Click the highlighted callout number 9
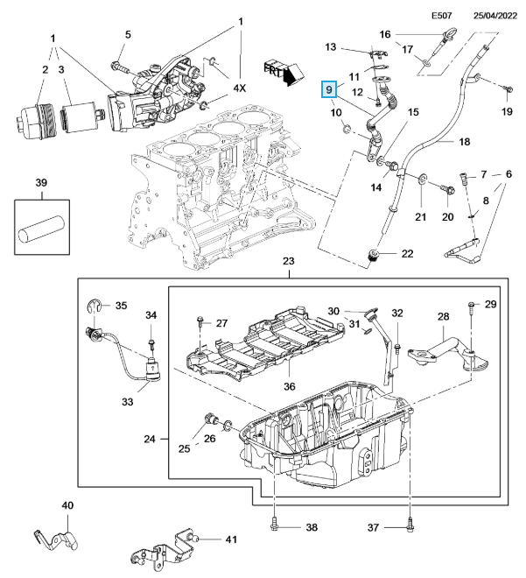[329, 89]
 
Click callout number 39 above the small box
[40, 182]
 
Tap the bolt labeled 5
[119, 64]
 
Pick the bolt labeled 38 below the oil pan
[276, 526]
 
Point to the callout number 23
[289, 263]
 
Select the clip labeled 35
[99, 306]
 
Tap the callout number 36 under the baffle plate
[289, 387]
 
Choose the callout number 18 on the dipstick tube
[465, 141]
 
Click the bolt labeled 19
[506, 88]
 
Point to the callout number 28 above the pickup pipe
[443, 316]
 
